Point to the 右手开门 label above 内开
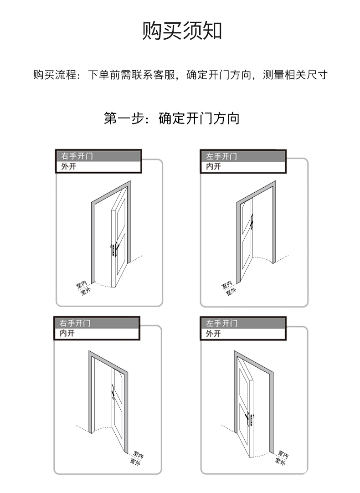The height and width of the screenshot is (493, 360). (75, 323)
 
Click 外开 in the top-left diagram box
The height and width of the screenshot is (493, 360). (68, 166)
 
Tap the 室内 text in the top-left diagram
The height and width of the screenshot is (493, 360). (81, 285)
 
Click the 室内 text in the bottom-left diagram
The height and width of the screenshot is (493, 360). (139, 454)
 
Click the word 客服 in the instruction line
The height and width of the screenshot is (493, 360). (166, 75)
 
